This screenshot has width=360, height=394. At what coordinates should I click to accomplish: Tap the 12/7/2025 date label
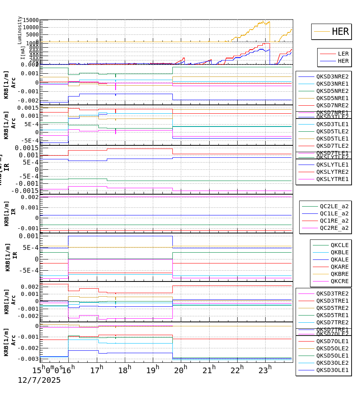click(x=39, y=380)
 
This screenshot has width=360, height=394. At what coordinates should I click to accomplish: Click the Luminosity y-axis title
click(x=20, y=30)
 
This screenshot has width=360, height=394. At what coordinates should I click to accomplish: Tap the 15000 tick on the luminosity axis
click(x=31, y=20)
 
